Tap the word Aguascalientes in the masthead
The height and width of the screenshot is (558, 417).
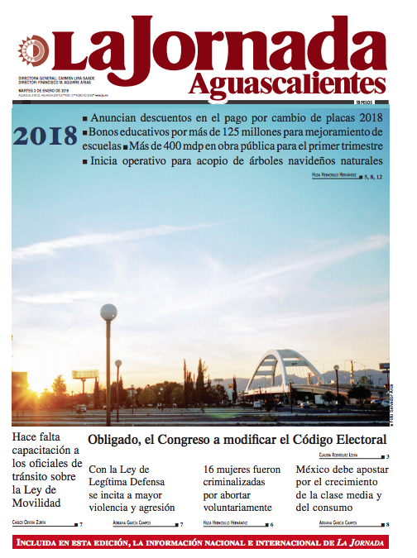coord(286,83)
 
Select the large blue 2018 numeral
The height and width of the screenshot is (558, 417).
coord(45,136)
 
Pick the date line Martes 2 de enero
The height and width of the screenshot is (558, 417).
coord(41,91)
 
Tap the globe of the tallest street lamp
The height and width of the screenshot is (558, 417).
coord(108,312)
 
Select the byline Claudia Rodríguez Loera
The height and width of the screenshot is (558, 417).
coord(339,455)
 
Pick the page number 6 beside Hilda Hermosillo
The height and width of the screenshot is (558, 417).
coord(272,524)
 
